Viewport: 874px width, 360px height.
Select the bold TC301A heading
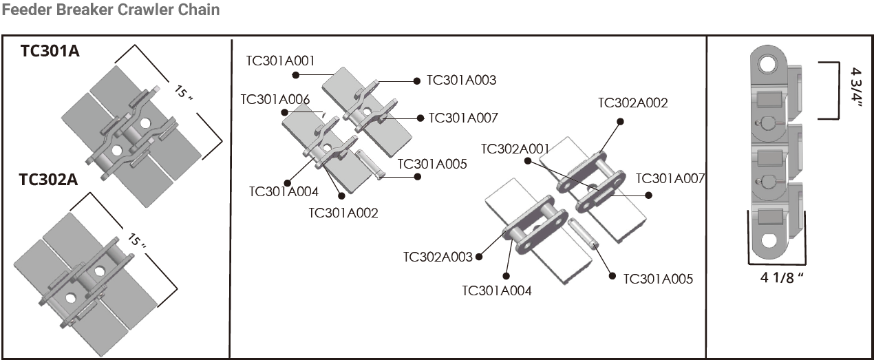click(50, 52)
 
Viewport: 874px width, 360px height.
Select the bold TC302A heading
click(48, 180)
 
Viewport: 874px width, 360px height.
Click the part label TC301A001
click(280, 61)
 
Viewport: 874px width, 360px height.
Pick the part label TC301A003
click(461, 80)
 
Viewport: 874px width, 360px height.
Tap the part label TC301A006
click(275, 98)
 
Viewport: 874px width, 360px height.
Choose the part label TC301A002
click(343, 213)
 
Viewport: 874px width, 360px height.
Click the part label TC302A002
click(632, 103)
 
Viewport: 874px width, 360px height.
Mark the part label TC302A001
click(515, 149)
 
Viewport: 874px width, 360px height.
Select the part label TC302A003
click(438, 257)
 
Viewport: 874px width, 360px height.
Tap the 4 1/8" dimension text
click(782, 277)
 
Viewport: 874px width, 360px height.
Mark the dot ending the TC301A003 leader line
click(417, 81)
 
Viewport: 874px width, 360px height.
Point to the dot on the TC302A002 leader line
click(620, 121)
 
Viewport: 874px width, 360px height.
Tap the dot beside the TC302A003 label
click(479, 257)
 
